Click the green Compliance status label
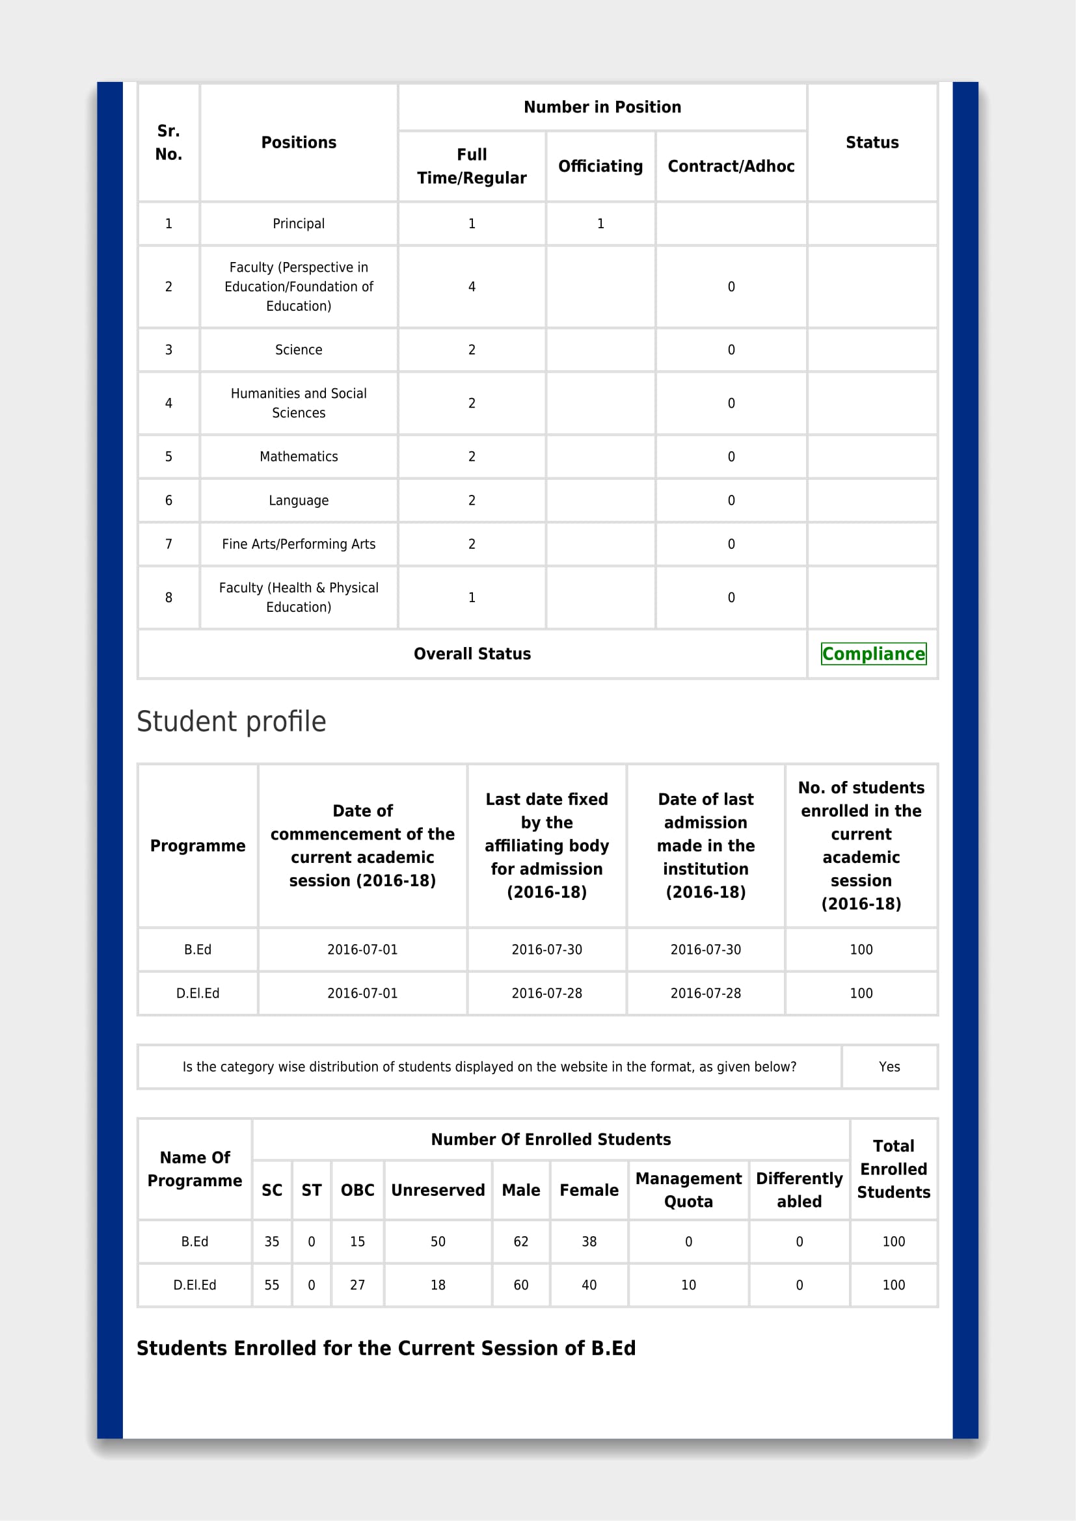[x=872, y=654]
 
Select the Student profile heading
[x=231, y=721]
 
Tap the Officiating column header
[x=600, y=166]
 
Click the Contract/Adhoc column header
[x=731, y=166]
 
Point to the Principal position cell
[x=299, y=224]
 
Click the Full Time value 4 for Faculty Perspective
[x=472, y=287]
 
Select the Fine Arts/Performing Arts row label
[x=299, y=544]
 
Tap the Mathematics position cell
[x=299, y=456]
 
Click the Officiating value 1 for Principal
[x=600, y=224]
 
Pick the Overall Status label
[x=472, y=654]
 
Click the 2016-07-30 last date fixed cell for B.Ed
[x=546, y=949]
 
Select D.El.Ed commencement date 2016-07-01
[x=362, y=993]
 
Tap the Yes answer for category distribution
[x=889, y=1066]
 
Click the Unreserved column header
[x=438, y=1190]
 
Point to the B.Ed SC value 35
[x=272, y=1241]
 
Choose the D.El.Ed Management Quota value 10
[x=688, y=1285]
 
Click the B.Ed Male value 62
[x=521, y=1241]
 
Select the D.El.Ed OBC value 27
[x=357, y=1285]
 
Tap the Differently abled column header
[x=799, y=1190]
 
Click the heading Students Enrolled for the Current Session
[x=386, y=1348]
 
